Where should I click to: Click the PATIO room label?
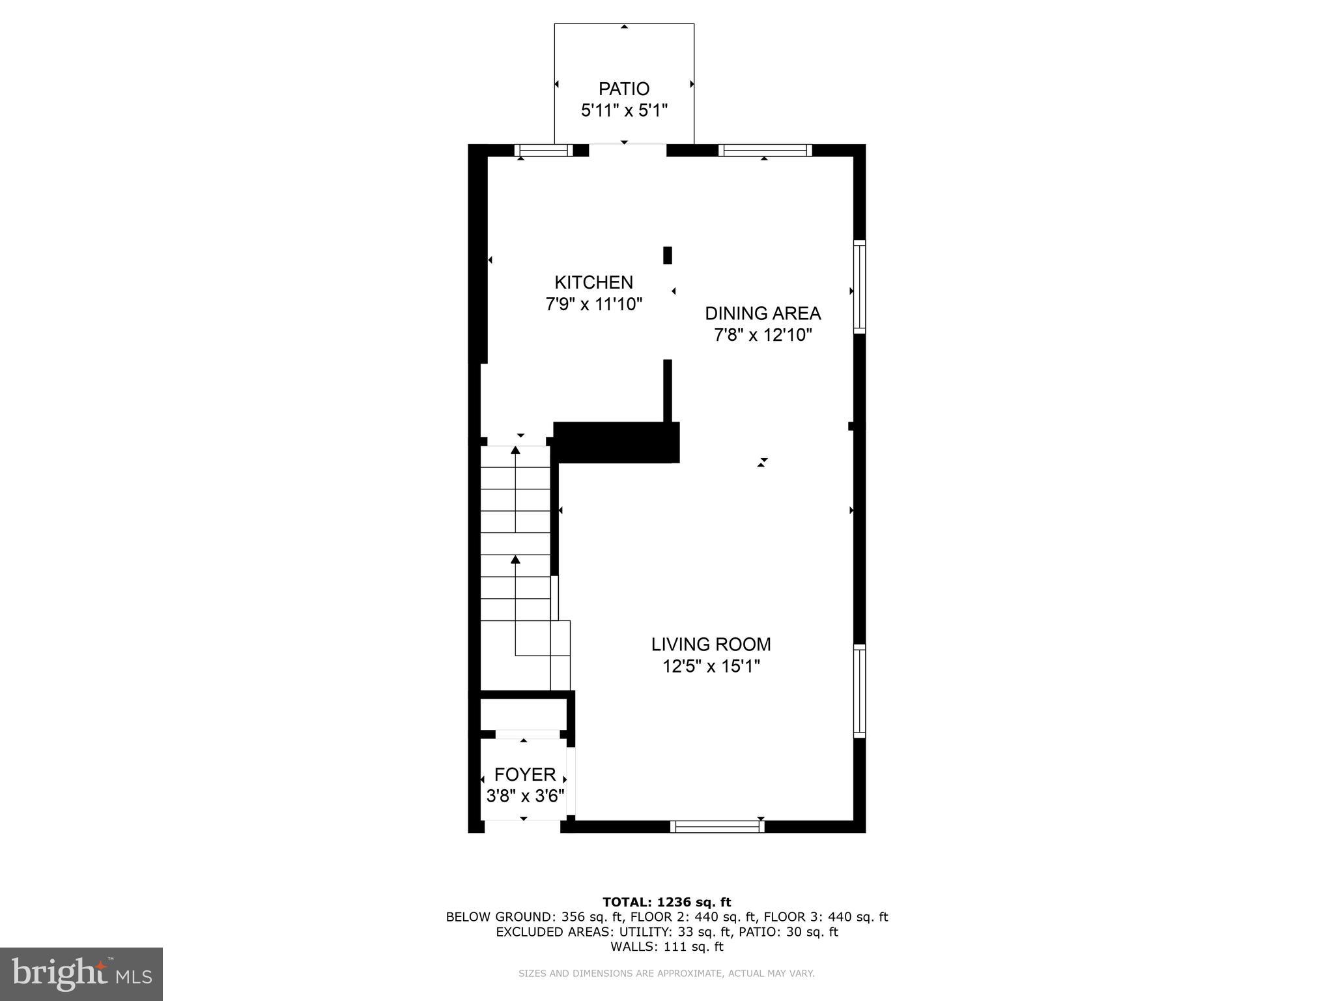tap(624, 89)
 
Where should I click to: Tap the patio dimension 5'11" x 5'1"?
tap(624, 111)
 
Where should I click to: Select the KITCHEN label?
tap(593, 282)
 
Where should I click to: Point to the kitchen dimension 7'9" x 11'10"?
tap(594, 304)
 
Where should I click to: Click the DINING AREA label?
tap(763, 313)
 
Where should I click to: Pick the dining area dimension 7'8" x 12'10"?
tap(763, 336)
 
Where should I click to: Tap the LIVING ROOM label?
tap(711, 645)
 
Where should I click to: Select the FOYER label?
tap(525, 775)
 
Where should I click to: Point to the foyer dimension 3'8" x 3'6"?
tap(525, 796)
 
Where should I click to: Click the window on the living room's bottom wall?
tap(717, 826)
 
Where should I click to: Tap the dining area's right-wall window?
tap(860, 287)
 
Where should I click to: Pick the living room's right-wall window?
tap(860, 691)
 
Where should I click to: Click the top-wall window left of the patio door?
tap(544, 151)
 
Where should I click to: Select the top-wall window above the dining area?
tap(765, 151)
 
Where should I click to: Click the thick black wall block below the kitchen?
tap(616, 442)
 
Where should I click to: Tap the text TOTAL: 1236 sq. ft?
tap(667, 903)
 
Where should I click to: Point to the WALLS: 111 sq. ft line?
tap(667, 947)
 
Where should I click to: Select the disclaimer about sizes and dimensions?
tap(666, 974)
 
